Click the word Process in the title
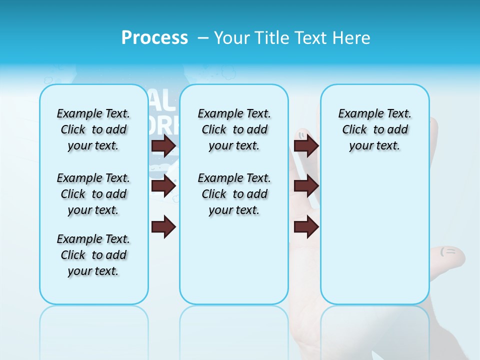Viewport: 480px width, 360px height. tap(154, 38)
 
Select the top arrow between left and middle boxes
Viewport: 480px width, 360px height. tap(163, 145)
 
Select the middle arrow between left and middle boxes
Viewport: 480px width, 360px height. tap(163, 186)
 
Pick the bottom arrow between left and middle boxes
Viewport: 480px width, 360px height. tap(163, 226)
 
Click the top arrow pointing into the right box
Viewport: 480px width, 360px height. tap(306, 145)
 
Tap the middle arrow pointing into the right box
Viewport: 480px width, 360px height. tap(306, 186)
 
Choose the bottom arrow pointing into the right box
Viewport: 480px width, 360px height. tap(306, 226)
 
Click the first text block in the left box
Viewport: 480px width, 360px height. tap(93, 129)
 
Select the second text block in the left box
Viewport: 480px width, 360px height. tap(93, 194)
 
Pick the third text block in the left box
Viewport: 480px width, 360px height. tap(93, 255)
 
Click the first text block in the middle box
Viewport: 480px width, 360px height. tap(234, 129)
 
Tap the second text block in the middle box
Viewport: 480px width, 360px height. tap(234, 194)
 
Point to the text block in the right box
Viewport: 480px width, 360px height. tap(374, 129)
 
